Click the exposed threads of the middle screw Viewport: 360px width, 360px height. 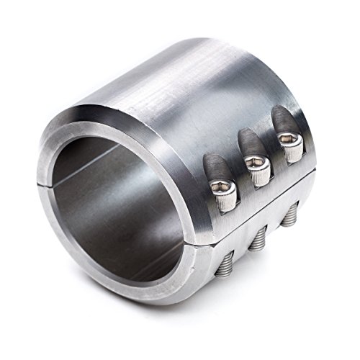point(257,238)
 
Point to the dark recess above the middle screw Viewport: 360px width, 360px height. point(246,140)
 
